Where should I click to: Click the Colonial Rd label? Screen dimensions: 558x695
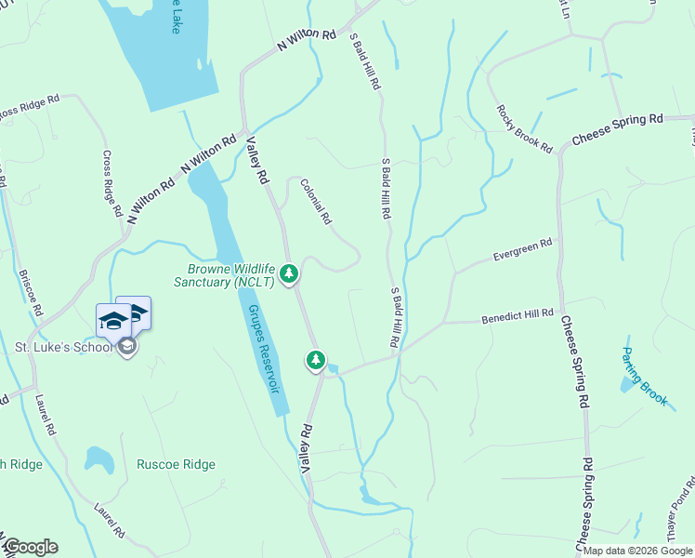pos(316,202)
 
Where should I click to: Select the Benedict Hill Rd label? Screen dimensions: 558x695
pos(518,318)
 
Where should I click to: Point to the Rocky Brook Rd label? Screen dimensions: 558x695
pos(524,128)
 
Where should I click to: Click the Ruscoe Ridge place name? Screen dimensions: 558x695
pos(176,464)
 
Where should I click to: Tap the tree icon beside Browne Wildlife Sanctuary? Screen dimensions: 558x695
pos(290,274)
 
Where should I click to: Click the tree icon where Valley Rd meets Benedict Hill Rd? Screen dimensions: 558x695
pos(316,360)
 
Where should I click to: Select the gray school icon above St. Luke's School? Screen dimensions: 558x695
pos(126,347)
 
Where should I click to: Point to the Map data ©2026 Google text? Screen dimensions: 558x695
pos(637,551)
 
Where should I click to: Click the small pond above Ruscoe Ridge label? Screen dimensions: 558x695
pos(98,458)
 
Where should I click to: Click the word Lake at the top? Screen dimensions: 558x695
pos(174,17)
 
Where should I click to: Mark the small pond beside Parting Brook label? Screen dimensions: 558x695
pos(628,384)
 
